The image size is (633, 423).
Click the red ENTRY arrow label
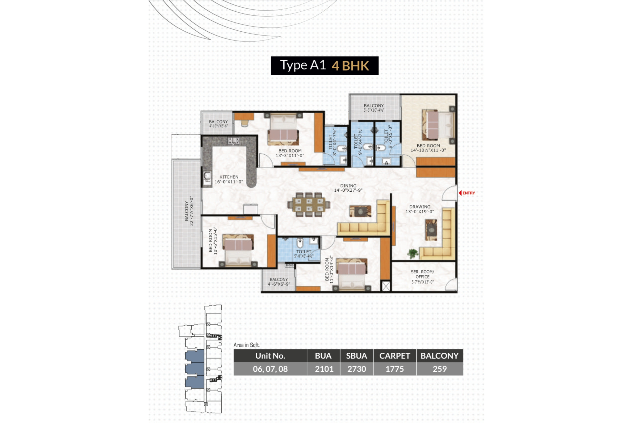click(x=467, y=193)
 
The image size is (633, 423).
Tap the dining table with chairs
click(x=309, y=204)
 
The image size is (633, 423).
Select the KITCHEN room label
click(x=229, y=179)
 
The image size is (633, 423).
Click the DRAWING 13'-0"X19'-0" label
click(x=420, y=209)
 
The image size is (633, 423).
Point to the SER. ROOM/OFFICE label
click(x=422, y=277)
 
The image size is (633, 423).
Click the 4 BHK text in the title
click(x=350, y=66)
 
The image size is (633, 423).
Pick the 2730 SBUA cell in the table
click(x=357, y=369)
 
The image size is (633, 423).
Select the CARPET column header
click(x=395, y=356)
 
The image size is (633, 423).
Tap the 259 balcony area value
click(x=440, y=369)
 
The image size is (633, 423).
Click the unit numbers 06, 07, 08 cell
click(x=270, y=369)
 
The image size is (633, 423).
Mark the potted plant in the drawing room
click(x=412, y=253)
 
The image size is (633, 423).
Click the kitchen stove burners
click(x=234, y=141)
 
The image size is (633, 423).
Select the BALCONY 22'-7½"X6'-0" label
click(x=189, y=213)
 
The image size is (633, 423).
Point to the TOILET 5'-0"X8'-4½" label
click(x=304, y=254)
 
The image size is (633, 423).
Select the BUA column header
click(x=323, y=356)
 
